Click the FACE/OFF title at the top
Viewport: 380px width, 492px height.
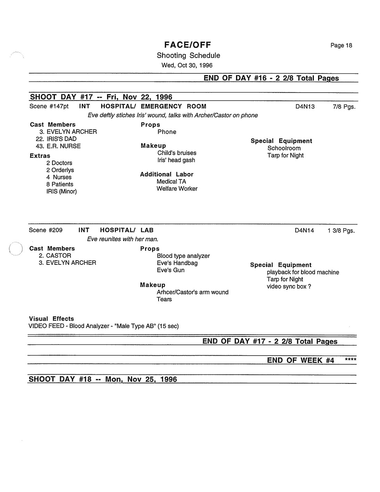pos(187,45)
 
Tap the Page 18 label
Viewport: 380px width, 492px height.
pos(341,45)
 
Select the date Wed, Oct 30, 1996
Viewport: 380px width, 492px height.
pos(187,65)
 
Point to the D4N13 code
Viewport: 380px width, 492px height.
pos(305,106)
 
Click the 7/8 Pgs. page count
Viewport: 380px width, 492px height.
pos(344,106)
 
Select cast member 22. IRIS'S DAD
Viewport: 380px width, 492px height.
pos(56,139)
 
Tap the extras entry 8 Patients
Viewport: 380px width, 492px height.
pos(60,184)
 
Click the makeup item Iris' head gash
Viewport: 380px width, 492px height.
pos(176,160)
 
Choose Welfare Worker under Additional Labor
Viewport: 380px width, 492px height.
pos(177,189)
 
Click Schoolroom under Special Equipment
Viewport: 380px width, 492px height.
pos(284,148)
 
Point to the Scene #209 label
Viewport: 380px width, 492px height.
pos(46,230)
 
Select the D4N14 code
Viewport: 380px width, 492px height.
pos(304,230)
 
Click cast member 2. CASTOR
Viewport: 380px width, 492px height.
pos(55,255)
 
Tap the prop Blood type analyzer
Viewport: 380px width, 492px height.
pos(183,256)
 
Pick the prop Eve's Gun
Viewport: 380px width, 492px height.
pos(171,270)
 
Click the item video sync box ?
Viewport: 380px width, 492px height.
pos(289,286)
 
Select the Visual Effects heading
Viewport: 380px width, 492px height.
pos(51,319)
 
